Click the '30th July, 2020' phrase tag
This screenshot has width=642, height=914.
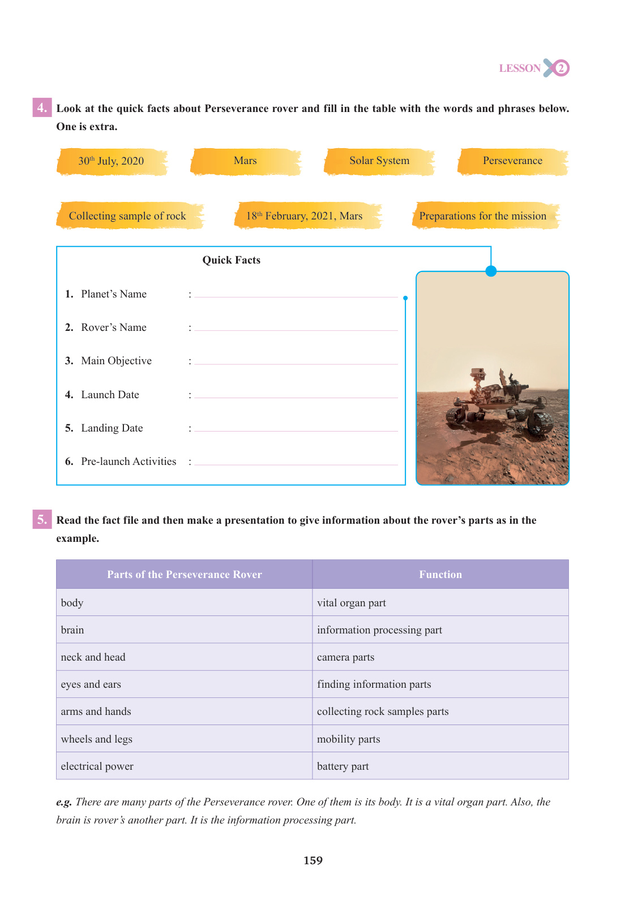click(112, 161)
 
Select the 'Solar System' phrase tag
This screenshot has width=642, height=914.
click(379, 161)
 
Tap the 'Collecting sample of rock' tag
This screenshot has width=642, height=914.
click(128, 216)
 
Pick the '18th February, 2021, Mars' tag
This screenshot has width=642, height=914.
click(305, 216)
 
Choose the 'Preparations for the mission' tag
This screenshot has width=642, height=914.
click(483, 216)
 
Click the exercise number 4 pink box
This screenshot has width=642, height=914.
click(42, 107)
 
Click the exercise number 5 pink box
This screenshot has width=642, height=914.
click(42, 519)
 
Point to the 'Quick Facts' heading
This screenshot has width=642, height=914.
click(232, 260)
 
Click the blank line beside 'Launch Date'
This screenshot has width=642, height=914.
click(296, 395)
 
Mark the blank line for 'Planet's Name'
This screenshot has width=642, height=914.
click(296, 295)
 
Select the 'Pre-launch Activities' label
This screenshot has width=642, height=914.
click(129, 462)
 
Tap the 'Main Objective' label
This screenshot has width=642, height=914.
click(116, 361)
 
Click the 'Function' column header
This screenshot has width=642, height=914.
click(440, 575)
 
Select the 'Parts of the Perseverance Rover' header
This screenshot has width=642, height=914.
click(185, 575)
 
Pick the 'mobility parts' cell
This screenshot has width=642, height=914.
click(349, 739)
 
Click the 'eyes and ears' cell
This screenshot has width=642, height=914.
click(91, 684)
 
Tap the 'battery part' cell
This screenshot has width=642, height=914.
click(343, 766)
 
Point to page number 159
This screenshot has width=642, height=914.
click(313, 861)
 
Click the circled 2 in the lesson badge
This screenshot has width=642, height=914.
click(560, 68)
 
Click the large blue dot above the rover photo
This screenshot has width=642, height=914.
click(491, 271)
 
